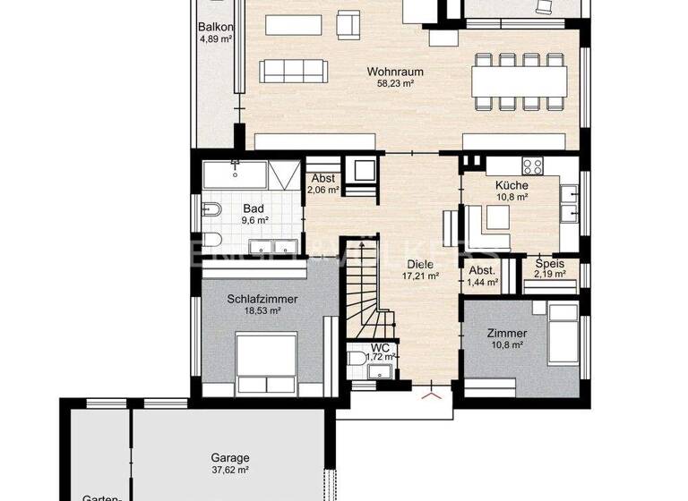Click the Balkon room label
coord(216,27)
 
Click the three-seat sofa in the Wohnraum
coord(293,71)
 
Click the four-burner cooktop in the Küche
coord(532,165)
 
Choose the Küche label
coord(512,183)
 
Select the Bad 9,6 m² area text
coord(254,220)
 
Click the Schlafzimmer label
coord(262,299)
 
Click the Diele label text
coord(420,265)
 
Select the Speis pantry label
coord(550,263)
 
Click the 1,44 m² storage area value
coord(483,282)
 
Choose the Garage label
coord(230,456)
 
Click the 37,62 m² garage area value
coord(230,469)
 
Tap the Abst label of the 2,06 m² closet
coord(322,178)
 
